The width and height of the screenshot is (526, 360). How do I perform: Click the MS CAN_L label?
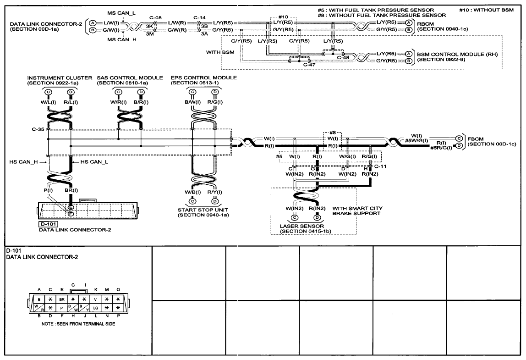tap(121, 13)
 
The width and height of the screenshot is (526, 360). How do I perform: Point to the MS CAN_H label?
tap(121, 39)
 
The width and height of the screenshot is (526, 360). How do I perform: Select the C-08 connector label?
tap(155, 18)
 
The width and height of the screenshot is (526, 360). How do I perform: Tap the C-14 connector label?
tap(199, 18)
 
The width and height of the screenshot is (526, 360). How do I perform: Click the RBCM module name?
tap(425, 24)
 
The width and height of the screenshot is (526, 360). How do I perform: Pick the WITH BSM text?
tap(220, 52)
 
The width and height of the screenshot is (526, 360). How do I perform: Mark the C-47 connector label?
tap(309, 65)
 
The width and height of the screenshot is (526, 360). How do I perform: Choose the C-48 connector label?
tap(343, 57)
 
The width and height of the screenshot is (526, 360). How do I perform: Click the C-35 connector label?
tap(38, 129)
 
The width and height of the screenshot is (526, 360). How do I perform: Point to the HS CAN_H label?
tap(23, 162)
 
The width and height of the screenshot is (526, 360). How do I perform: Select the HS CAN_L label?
tap(94, 162)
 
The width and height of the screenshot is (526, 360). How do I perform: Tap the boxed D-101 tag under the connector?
tap(48, 224)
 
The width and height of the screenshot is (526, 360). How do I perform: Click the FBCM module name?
tap(476, 139)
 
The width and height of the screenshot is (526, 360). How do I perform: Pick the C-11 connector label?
tap(380, 166)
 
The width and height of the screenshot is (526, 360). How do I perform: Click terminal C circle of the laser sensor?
tap(295, 218)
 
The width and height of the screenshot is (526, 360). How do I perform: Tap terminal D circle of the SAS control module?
tap(141, 92)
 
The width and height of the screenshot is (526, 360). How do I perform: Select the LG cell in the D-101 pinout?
tap(96, 308)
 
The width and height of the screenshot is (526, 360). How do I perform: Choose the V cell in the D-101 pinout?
tap(96, 299)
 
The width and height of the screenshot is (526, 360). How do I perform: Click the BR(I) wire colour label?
tap(71, 190)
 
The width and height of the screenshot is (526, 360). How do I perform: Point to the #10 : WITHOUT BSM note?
tap(487, 10)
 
